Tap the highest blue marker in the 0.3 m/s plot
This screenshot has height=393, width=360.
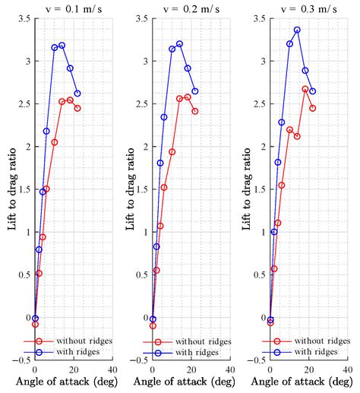pyautogui.click(x=297, y=30)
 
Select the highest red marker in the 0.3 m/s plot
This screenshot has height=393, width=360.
pyautogui.click(x=305, y=89)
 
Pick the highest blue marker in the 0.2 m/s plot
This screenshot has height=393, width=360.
pyautogui.click(x=179, y=44)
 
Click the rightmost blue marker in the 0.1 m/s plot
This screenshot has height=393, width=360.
pyautogui.click(x=77, y=93)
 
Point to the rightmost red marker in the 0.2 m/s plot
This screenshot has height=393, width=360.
pyautogui.click(x=195, y=111)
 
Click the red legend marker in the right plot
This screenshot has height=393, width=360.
pyautogui.click(x=277, y=341)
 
